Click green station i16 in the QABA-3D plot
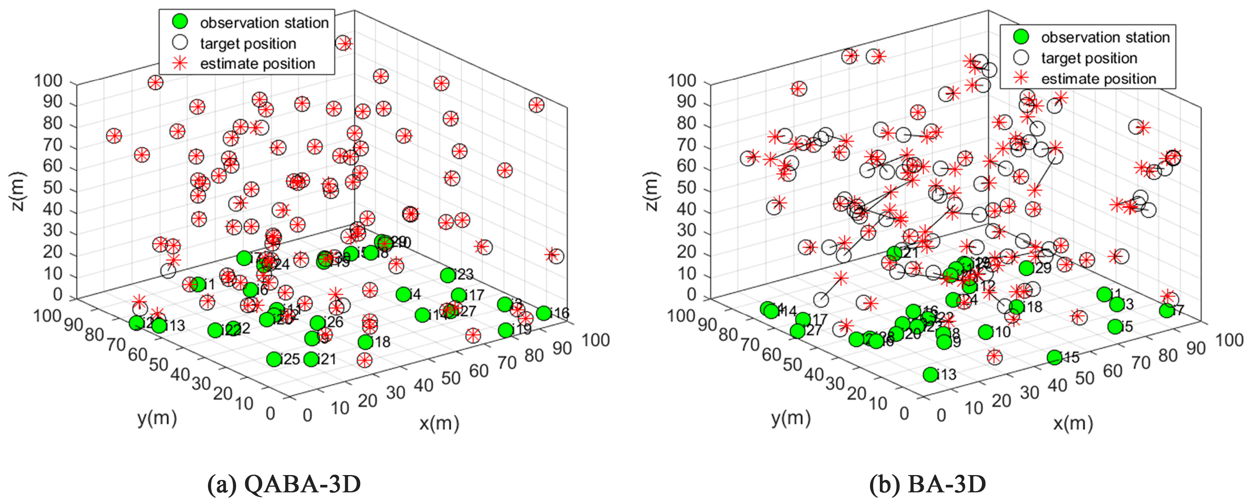click(x=544, y=313)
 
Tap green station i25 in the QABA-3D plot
click(x=274, y=360)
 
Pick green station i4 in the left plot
click(x=403, y=294)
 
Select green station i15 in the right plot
click(x=1054, y=357)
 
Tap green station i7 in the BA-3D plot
click(x=1166, y=310)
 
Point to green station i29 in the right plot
click(x=1026, y=268)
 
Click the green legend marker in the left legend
click(x=180, y=22)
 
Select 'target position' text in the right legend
click(x=1089, y=58)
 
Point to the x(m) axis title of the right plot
click(x=1072, y=424)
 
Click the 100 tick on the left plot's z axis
click(x=48, y=81)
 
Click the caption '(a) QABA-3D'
click(x=284, y=484)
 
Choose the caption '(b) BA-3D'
click(x=927, y=484)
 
